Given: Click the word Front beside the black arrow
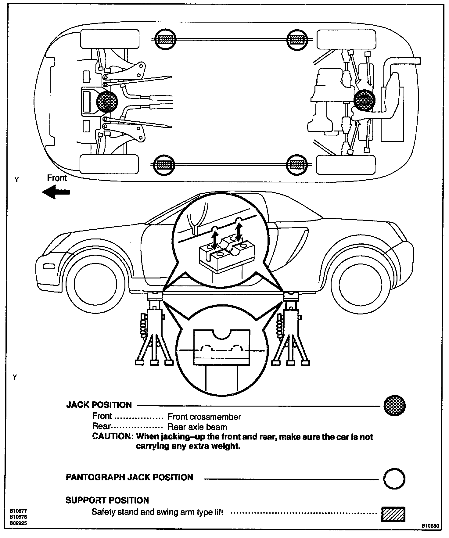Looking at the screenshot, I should click(57, 178).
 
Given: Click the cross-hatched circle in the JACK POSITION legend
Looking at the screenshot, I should click(394, 406).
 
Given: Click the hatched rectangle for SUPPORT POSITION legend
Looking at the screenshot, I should click(393, 514).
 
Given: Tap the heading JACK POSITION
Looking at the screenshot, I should click(99, 405).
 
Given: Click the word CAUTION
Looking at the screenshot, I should click(112, 436).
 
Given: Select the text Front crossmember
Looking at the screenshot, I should click(204, 417).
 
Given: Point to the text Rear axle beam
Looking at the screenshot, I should click(197, 427).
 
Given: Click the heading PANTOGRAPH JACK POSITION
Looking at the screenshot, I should click(129, 477).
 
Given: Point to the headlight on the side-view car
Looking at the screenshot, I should click(49, 266).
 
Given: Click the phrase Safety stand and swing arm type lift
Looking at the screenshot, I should click(157, 512).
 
